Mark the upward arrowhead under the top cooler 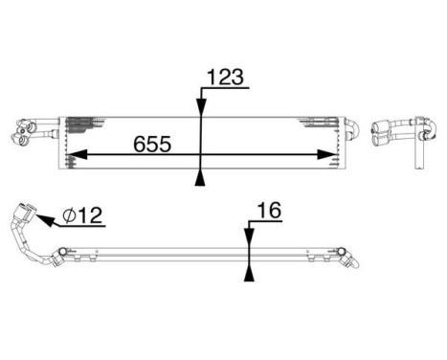click(x=199, y=177)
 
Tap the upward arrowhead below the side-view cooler click(x=249, y=276)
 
